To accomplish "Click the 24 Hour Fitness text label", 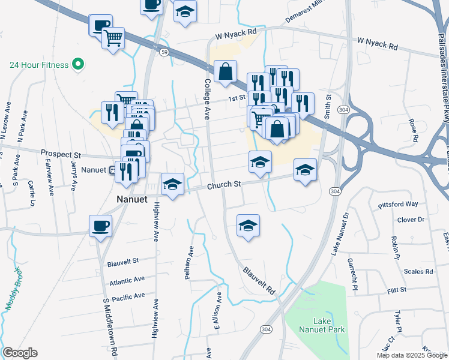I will (x=40, y=64).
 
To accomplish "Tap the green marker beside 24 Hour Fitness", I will (x=77, y=64).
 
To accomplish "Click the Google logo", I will (x=20, y=353).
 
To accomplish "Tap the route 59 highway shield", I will (x=163, y=52).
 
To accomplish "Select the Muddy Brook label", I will (x=16, y=288).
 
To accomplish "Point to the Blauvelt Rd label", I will (x=259, y=280).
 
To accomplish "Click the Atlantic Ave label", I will (x=127, y=281).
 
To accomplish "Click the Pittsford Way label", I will (x=398, y=205).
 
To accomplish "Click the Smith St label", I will (x=328, y=105).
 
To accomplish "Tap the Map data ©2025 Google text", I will (x=412, y=355).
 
